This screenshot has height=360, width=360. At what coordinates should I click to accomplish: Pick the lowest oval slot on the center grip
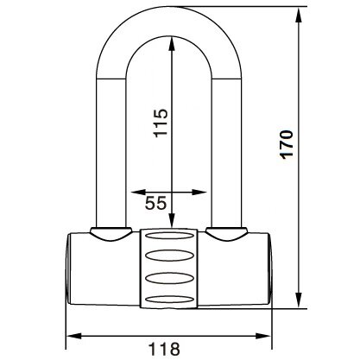[169, 297]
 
